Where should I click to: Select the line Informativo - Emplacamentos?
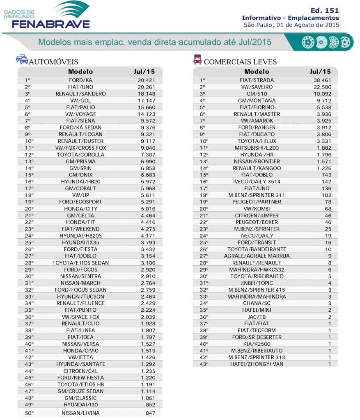coord(290,18)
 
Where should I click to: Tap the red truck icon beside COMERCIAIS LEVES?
coord(197,60)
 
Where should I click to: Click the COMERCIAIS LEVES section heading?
coord(240,62)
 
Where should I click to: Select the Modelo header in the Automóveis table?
coord(80,71)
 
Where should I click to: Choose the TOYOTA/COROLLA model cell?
coord(80,155)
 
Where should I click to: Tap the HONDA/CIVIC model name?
coord(80,351)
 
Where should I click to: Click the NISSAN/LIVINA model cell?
coord(80,413)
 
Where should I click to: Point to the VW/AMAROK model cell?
coord(257,121)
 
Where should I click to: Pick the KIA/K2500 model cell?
coord(257,344)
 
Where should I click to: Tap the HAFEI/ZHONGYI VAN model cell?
coord(257,364)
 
